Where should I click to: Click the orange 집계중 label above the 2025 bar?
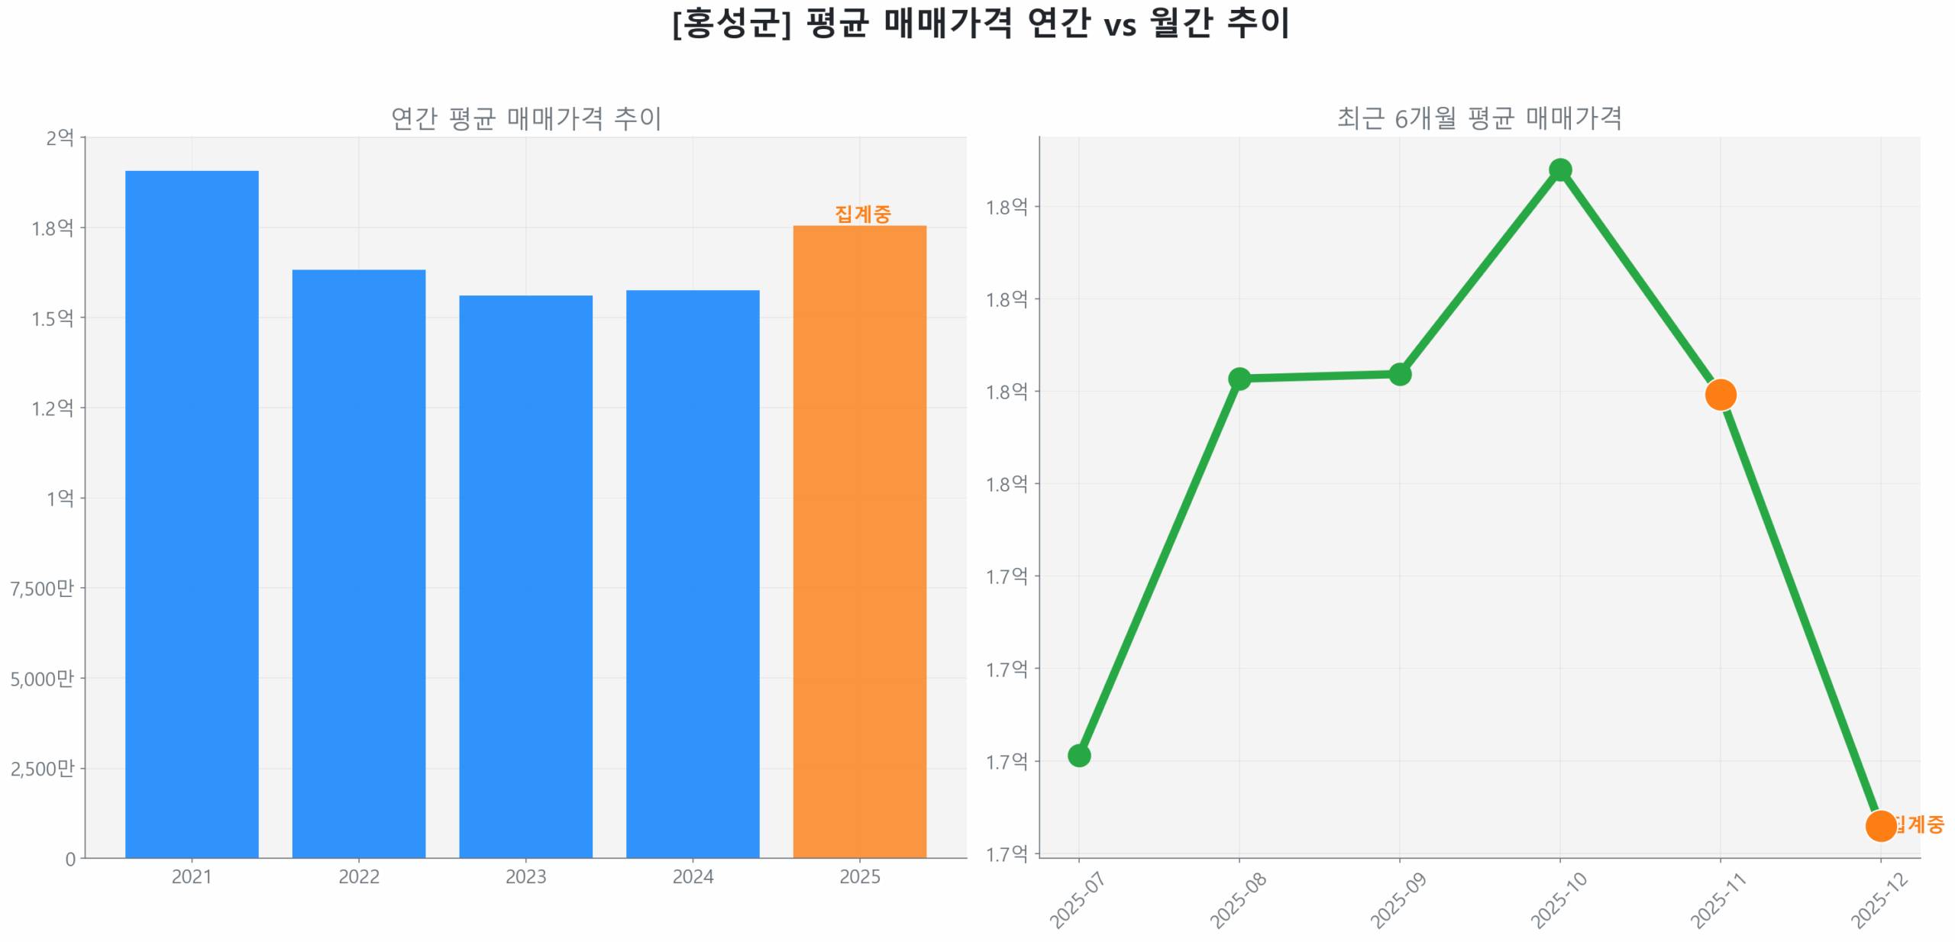coord(862,214)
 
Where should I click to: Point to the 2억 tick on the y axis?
coord(60,138)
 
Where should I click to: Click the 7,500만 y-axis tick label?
coord(42,588)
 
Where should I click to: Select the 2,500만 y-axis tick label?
coord(42,768)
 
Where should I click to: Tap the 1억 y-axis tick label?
coord(60,498)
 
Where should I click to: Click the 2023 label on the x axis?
coord(525,876)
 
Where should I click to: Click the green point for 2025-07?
coord(1078,755)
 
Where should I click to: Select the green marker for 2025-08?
coord(1239,379)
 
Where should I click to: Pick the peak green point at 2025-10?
coord(1559,169)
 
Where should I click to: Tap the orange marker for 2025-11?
coord(1720,394)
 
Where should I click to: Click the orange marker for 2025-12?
coord(1879,825)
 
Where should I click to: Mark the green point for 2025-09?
coord(1399,374)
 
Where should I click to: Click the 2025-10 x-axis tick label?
coord(1559,901)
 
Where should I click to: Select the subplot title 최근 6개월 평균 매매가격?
coord(1478,118)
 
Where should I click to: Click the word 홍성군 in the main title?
coord(730,23)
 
